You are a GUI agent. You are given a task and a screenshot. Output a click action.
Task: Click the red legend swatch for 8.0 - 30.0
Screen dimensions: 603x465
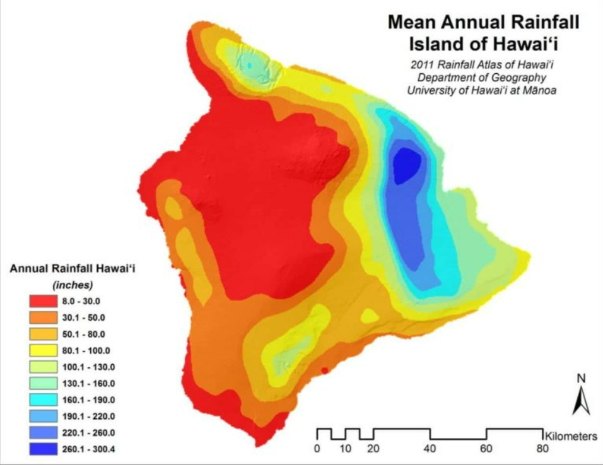click(43, 301)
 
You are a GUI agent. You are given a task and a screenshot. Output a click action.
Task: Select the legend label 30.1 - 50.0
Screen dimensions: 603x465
click(83, 318)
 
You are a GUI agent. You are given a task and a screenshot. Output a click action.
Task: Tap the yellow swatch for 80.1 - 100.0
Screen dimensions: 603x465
click(43, 350)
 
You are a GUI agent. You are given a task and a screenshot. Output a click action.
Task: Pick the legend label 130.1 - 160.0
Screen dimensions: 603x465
click(88, 384)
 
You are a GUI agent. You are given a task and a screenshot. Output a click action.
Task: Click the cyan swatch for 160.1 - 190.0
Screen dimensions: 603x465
click(43, 399)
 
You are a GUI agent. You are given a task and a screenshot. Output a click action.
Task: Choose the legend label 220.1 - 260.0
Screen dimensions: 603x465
click(88, 433)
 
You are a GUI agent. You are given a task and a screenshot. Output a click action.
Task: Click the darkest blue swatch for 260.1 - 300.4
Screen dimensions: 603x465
click(43, 449)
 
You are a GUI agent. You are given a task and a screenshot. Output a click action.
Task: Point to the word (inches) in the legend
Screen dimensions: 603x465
click(73, 285)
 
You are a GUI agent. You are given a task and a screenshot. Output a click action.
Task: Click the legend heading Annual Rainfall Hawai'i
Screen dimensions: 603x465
click(73, 268)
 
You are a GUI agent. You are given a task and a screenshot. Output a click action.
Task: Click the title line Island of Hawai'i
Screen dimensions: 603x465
click(483, 44)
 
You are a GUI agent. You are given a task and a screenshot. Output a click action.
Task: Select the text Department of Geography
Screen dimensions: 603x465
click(482, 78)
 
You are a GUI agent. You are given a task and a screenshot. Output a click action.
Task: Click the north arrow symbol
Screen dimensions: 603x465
click(582, 400)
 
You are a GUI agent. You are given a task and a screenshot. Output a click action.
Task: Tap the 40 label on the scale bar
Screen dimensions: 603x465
click(430, 449)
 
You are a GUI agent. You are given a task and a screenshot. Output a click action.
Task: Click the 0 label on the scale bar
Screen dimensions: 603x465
click(317, 449)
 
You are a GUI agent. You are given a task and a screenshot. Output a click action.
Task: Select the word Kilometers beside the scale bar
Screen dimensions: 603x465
click(571, 436)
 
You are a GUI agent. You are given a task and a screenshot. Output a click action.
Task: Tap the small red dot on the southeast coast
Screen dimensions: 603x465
click(325, 370)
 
